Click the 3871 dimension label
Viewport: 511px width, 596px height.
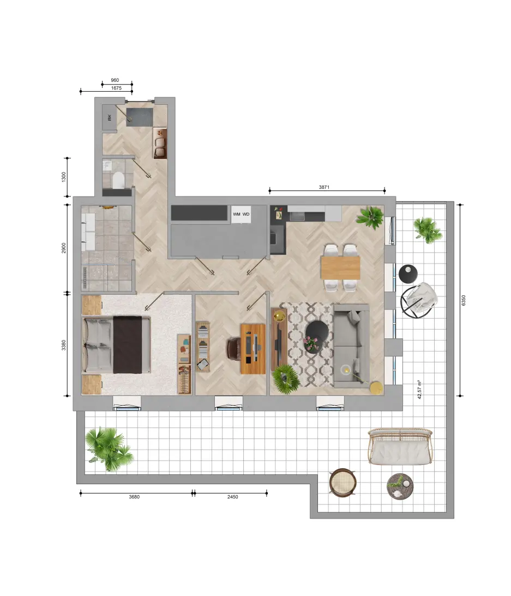click(x=324, y=187)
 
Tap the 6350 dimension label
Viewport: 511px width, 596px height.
click(x=463, y=300)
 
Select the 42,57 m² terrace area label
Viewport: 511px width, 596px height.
click(x=419, y=389)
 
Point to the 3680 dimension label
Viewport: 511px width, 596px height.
click(x=134, y=497)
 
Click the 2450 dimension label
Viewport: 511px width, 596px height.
click(x=232, y=497)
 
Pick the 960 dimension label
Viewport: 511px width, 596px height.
click(x=115, y=80)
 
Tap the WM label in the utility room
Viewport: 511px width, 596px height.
click(x=236, y=214)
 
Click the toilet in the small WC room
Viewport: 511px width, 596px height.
click(x=118, y=180)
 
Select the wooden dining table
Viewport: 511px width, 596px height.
click(x=340, y=267)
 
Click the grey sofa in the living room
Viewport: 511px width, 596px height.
click(x=351, y=345)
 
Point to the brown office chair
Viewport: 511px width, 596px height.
click(x=234, y=349)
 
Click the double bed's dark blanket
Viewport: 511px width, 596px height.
click(x=127, y=344)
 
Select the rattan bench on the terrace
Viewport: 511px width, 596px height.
click(x=400, y=446)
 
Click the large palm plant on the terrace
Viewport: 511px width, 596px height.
click(x=109, y=449)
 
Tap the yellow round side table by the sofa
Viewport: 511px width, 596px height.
click(x=376, y=388)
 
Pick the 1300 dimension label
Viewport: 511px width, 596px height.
click(x=64, y=177)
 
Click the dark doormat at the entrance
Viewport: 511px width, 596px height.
click(x=140, y=117)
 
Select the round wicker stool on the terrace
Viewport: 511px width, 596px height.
click(x=342, y=482)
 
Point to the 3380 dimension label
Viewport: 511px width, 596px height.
click(x=64, y=345)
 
